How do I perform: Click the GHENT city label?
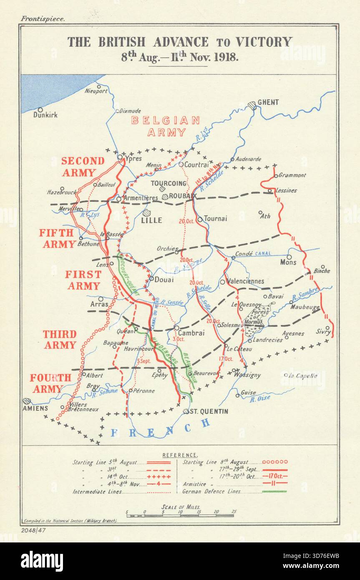(268, 102)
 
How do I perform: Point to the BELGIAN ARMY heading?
(166, 126)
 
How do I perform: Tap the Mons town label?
(288, 262)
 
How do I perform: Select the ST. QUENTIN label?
(209, 411)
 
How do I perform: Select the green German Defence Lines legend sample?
(274, 492)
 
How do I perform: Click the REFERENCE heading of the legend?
(180, 455)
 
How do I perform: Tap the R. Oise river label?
(260, 398)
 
